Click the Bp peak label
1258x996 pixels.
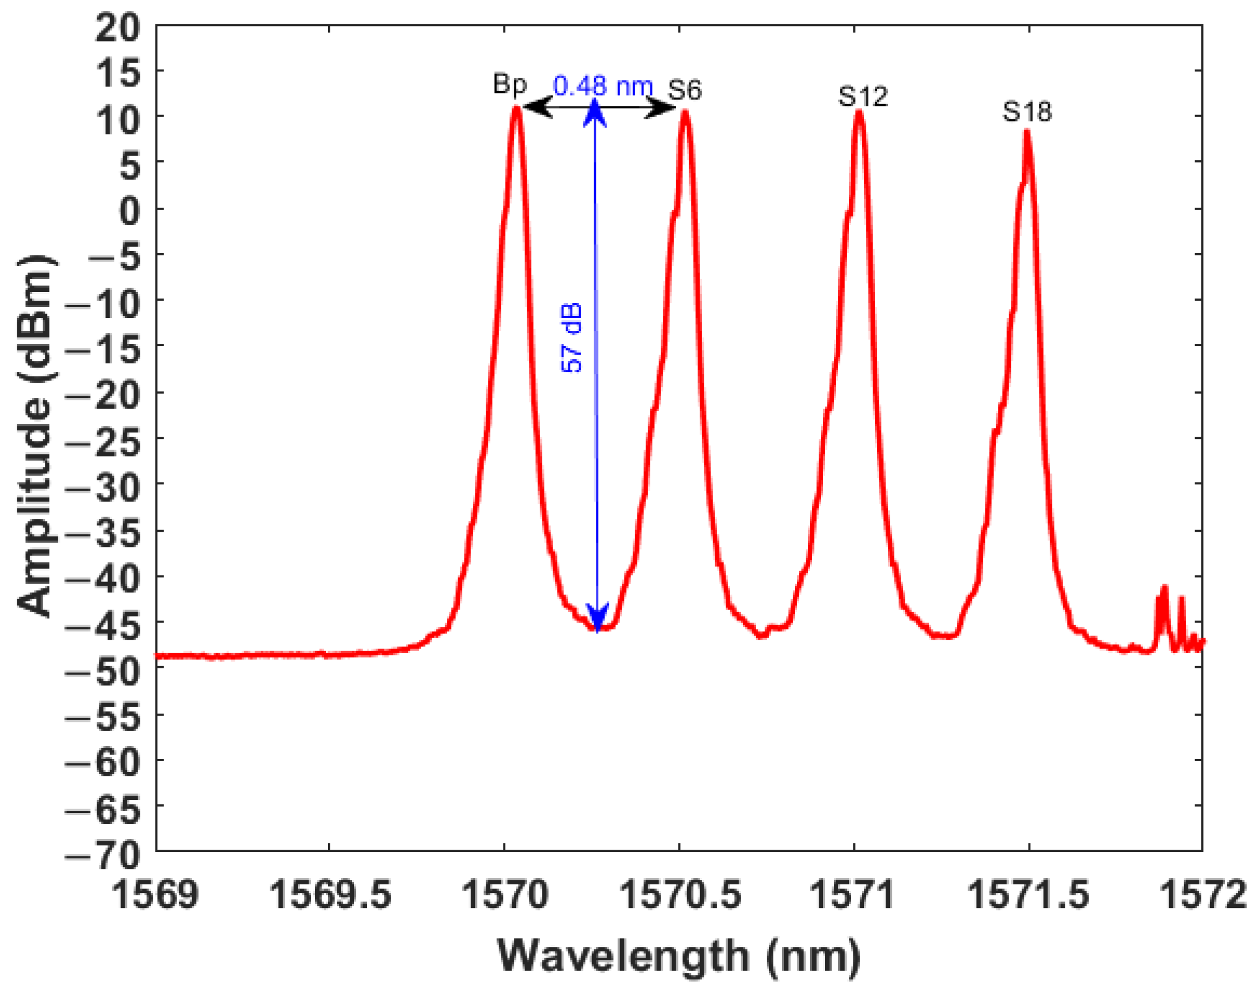click(x=509, y=85)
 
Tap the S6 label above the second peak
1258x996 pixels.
click(x=685, y=90)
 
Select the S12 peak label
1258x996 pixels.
click(x=863, y=97)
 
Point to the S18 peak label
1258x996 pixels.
click(x=1027, y=112)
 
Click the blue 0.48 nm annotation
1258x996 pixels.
click(x=603, y=86)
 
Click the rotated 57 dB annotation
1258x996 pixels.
click(x=572, y=337)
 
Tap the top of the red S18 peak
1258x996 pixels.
click(x=1026, y=133)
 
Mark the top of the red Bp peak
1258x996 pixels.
click(x=516, y=109)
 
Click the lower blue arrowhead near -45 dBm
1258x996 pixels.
click(x=597, y=618)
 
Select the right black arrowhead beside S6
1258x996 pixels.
click(x=661, y=107)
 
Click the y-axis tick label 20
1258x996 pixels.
click(x=118, y=28)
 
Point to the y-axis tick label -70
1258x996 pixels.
click(x=103, y=856)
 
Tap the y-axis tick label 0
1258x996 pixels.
click(x=130, y=211)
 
